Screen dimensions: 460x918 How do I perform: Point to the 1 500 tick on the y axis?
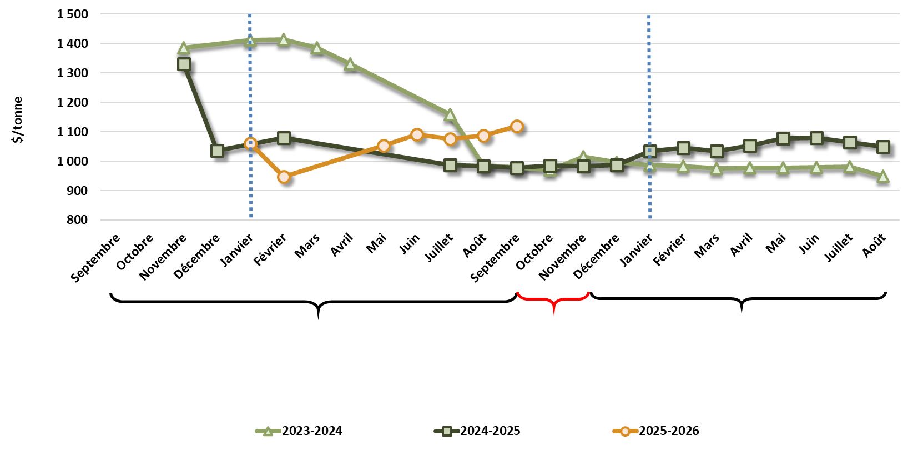pyautogui.click(x=72, y=14)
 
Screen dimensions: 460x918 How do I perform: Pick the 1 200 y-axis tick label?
pyautogui.click(x=72, y=102)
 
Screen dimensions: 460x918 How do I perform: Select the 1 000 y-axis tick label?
pyautogui.click(x=72, y=161)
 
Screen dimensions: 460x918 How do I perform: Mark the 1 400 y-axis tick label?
pyautogui.click(x=72, y=43)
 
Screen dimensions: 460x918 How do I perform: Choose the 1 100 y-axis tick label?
pyautogui.click(x=72, y=132)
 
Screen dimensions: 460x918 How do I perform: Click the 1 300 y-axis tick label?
pyautogui.click(x=72, y=73)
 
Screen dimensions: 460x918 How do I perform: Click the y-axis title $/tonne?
pyautogui.click(x=18, y=120)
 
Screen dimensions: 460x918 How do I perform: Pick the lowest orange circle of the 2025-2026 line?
pyautogui.click(x=284, y=177)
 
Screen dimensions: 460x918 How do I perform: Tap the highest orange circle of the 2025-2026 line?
pyautogui.click(x=517, y=126)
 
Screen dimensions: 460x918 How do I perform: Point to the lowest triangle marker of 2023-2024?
pyautogui.click(x=882, y=177)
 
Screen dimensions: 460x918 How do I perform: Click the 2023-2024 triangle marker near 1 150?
pyautogui.click(x=450, y=115)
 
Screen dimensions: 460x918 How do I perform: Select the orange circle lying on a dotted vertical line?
pyautogui.click(x=250, y=144)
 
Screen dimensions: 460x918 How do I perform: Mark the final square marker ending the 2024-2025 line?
pyautogui.click(x=882, y=147)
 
